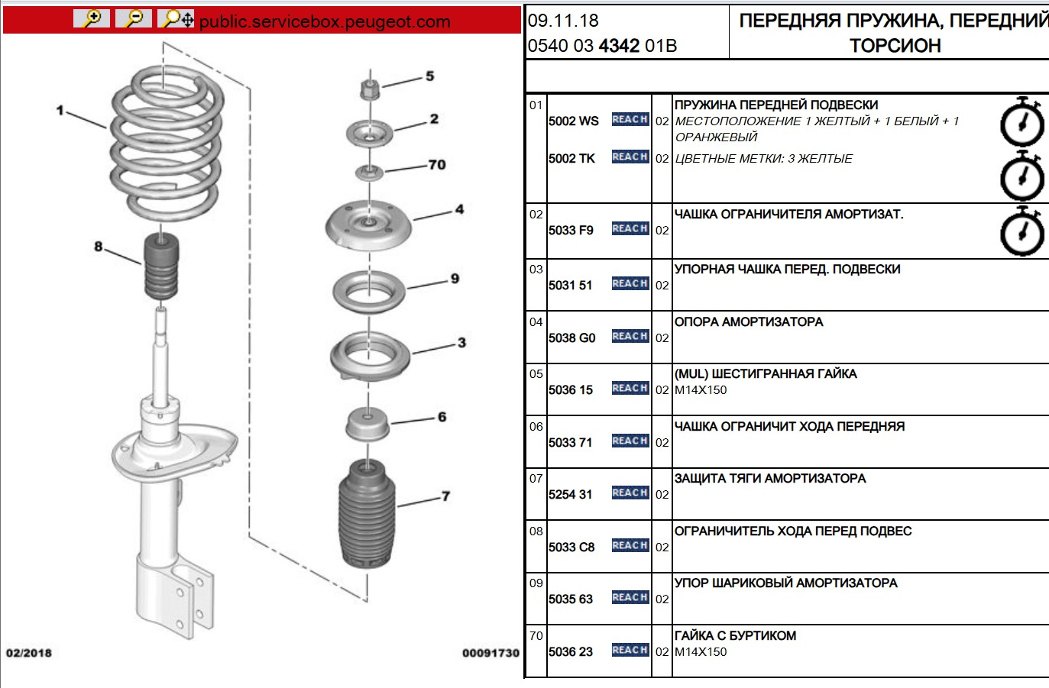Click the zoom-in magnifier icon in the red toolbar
pyautogui.click(x=92, y=19)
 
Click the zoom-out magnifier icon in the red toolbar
pyautogui.click(x=134, y=19)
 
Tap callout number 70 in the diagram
pyautogui.click(x=436, y=165)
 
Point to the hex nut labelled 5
pyautogui.click(x=370, y=89)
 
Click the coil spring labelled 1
pyautogui.click(x=167, y=142)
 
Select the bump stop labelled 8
pyautogui.click(x=161, y=266)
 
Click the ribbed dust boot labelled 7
pyautogui.click(x=367, y=514)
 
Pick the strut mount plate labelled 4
pyautogui.click(x=368, y=226)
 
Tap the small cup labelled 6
pyautogui.click(x=367, y=424)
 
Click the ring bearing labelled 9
pyautogui.click(x=368, y=292)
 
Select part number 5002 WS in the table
pyautogui.click(x=573, y=121)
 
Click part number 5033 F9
pyautogui.click(x=571, y=231)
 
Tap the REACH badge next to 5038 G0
pyautogui.click(x=630, y=337)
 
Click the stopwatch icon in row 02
pyautogui.click(x=1022, y=231)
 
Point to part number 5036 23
pyautogui.click(x=571, y=652)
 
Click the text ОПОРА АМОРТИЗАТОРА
pyautogui.click(x=748, y=322)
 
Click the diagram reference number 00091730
pyautogui.click(x=491, y=654)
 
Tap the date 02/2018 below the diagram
pyautogui.click(x=28, y=653)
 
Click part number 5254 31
pyautogui.click(x=570, y=495)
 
